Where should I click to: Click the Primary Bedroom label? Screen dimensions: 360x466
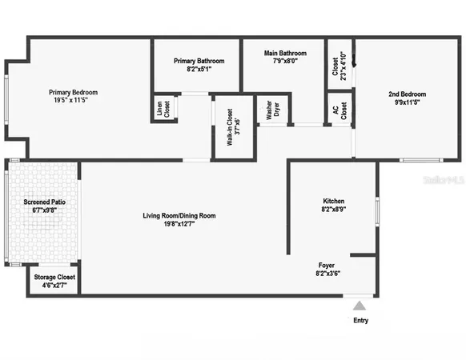pyautogui.click(x=78, y=91)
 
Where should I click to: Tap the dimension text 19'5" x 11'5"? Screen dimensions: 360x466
pyautogui.click(x=78, y=101)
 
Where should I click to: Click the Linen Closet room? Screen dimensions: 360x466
pyautogui.click(x=166, y=109)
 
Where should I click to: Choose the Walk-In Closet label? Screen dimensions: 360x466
pyautogui.click(x=230, y=127)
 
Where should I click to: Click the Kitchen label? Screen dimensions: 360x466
pyautogui.click(x=334, y=200)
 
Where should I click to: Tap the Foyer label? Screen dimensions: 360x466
pyautogui.click(x=327, y=264)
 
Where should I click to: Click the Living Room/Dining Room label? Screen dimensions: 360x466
pyautogui.click(x=179, y=215)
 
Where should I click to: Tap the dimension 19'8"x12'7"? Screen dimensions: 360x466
pyautogui.click(x=179, y=225)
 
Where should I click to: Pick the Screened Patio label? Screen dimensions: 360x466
pyautogui.click(x=44, y=202)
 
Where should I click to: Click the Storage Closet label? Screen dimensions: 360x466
pyautogui.click(x=54, y=276)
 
